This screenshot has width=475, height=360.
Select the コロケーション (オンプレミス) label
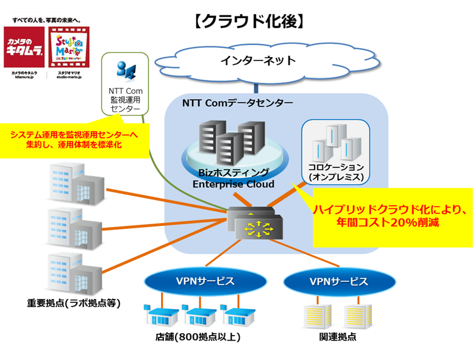pyautogui.click(x=336, y=171)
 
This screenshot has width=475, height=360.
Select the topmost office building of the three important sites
pyautogui.click(x=73, y=183)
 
